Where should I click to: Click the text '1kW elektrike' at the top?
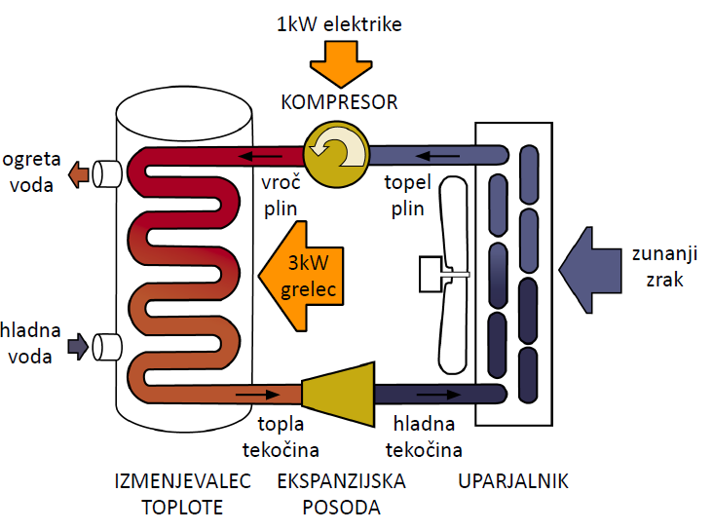[338, 22]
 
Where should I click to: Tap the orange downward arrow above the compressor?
[339, 64]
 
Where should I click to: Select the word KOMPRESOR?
[339, 101]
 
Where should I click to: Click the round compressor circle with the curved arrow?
[336, 153]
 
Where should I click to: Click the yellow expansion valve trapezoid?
[337, 395]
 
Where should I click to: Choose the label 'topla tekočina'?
[281, 436]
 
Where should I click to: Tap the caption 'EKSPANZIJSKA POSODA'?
[342, 494]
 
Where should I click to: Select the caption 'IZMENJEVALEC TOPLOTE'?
[183, 494]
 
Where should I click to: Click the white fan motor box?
[430, 273]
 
